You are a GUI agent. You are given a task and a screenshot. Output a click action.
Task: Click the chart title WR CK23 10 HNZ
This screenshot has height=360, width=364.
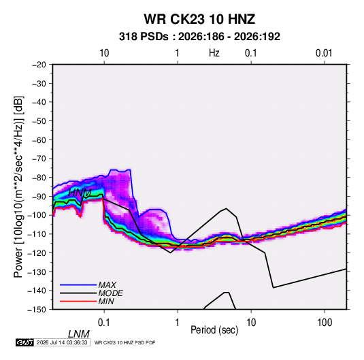199,19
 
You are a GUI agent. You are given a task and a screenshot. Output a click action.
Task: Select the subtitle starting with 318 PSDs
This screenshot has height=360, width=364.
199,37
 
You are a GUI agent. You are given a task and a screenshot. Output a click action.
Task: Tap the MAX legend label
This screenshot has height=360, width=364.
107,285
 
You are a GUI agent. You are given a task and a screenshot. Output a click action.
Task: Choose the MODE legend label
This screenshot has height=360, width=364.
110,293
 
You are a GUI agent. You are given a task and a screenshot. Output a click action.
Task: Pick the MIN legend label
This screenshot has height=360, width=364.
106,301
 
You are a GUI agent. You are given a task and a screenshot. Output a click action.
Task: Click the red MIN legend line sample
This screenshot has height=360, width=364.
78,301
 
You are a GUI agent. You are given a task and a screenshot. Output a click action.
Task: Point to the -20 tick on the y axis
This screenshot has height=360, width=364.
39,65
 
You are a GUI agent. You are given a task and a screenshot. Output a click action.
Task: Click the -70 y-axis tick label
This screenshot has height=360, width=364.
39,159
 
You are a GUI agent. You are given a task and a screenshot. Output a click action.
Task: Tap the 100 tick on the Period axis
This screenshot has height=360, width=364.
325,323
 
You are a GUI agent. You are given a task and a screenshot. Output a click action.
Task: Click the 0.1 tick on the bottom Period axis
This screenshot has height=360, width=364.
103,323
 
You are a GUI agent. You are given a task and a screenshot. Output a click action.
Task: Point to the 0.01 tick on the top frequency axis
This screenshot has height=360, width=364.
324,53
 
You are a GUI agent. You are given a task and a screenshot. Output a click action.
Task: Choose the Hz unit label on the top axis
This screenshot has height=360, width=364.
214,53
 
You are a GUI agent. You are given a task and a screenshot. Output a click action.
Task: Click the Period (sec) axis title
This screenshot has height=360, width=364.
214,330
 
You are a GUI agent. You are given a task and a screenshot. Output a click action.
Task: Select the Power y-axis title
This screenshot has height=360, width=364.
18,187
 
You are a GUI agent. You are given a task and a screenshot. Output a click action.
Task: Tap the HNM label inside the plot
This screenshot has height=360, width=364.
80,193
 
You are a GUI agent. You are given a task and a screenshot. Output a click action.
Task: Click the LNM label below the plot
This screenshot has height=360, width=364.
79,334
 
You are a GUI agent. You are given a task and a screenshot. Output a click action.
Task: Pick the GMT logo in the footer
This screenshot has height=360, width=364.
25,342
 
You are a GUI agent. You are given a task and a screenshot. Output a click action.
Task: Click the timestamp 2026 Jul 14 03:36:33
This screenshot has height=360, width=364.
62,342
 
